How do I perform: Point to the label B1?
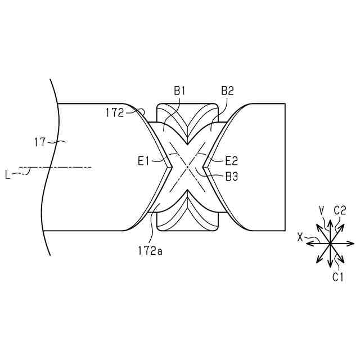pyautogui.click(x=179, y=90)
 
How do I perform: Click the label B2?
pyautogui.click(x=228, y=90)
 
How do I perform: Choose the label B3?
pyautogui.click(x=231, y=177)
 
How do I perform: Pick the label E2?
pyautogui.click(x=232, y=160)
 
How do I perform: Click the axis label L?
pyautogui.click(x=8, y=175)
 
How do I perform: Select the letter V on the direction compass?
pyautogui.click(x=321, y=210)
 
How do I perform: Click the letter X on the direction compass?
pyautogui.click(x=300, y=238)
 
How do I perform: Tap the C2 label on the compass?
pyautogui.click(x=339, y=210)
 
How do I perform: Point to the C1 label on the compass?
pyautogui.click(x=337, y=276)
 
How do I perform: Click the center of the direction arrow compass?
pyautogui.click(x=327, y=243)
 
